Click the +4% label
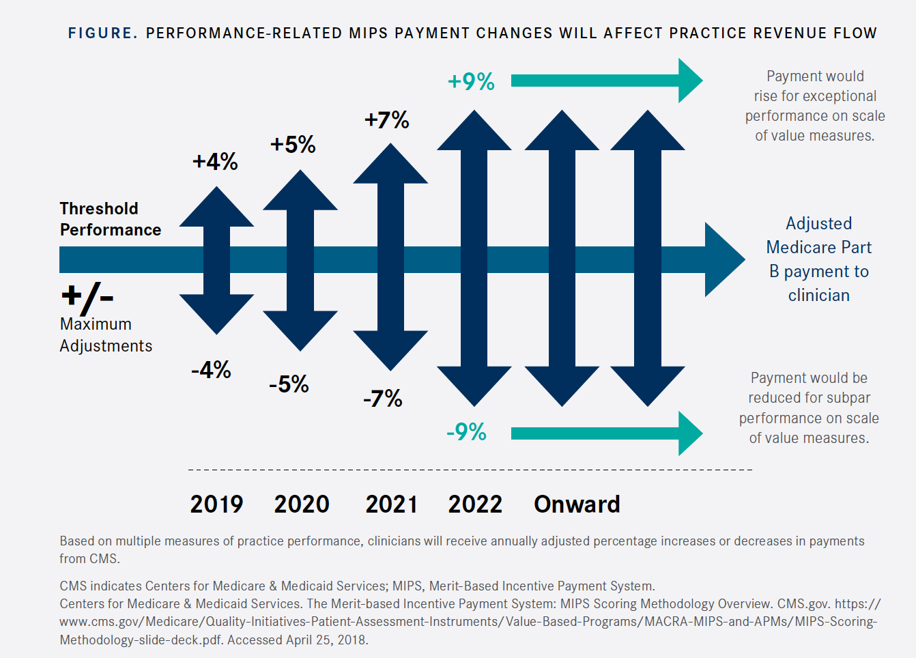pos(215,162)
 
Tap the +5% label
pos(293,145)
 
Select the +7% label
pos(386,120)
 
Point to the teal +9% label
pos(471,82)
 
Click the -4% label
pos(211,370)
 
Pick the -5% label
pos(289,384)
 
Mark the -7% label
pos(382,399)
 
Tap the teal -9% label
pos(466,432)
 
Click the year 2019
pos(216,504)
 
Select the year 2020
pos(302,504)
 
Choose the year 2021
pos(391,504)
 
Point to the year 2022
pos(475,504)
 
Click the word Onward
pos(577,504)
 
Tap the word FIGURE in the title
pos(101,33)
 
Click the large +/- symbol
pos(87,297)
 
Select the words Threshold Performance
pos(110,219)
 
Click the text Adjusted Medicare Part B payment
pos(818,259)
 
